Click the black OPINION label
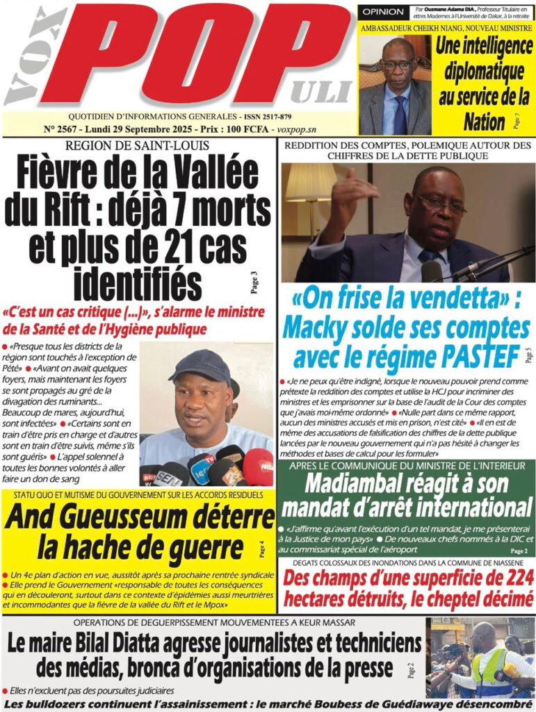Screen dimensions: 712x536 pyautogui.click(x=382, y=12)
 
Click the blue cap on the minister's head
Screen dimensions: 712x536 pyautogui.click(x=199, y=366)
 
